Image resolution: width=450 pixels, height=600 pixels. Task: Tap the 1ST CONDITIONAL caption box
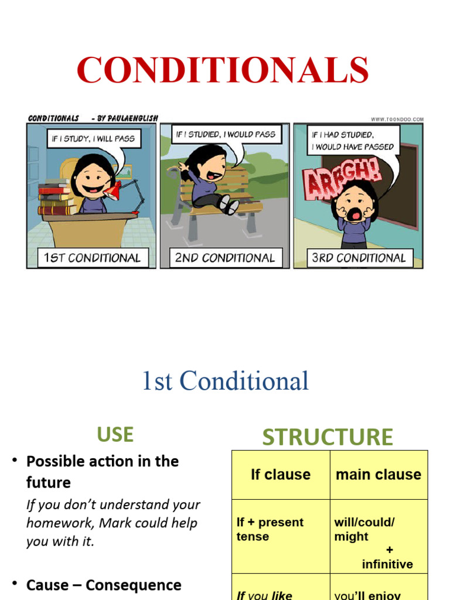pyautogui.click(x=93, y=258)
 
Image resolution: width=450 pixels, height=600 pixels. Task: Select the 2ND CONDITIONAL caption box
pyautogui.click(x=224, y=258)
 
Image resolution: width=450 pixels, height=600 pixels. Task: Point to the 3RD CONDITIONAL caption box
pyautogui.click(x=358, y=258)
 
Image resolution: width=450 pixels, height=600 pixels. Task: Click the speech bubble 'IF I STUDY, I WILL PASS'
pyautogui.click(x=93, y=139)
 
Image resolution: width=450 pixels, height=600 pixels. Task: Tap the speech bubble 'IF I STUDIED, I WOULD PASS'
pyautogui.click(x=225, y=134)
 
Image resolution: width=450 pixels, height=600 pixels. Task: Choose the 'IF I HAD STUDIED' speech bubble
pyautogui.click(x=353, y=141)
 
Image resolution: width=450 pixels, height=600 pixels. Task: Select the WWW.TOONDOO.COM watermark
pyautogui.click(x=397, y=119)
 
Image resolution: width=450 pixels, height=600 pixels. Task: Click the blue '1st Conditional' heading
pyautogui.click(x=225, y=381)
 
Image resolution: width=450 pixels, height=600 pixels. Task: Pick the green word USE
pyautogui.click(x=115, y=434)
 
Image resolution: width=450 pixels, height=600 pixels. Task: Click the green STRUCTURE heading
pyautogui.click(x=327, y=437)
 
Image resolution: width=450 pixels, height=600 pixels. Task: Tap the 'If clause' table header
pyautogui.click(x=281, y=474)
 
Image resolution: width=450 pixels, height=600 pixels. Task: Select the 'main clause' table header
pyautogui.click(x=379, y=474)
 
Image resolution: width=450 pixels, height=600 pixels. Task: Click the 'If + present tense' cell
pyautogui.click(x=270, y=529)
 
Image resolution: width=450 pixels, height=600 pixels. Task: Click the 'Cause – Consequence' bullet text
pyautogui.click(x=104, y=585)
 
